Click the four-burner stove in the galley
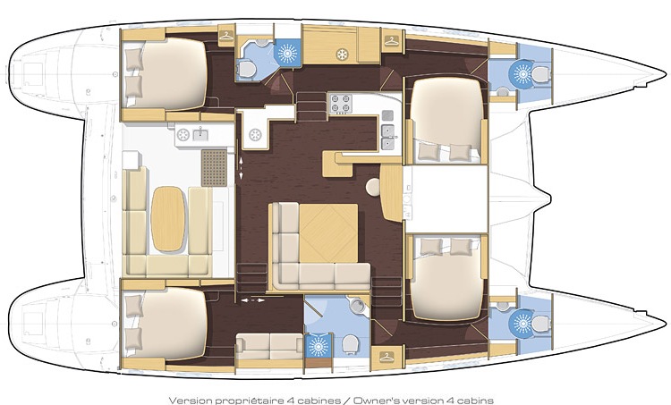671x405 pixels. [339, 104]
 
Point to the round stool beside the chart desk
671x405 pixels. [374, 186]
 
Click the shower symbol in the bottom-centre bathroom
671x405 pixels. [317, 344]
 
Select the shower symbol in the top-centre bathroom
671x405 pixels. [288, 52]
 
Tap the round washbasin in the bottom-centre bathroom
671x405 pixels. [357, 307]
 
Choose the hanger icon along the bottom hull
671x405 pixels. [386, 358]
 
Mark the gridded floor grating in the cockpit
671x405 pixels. [214, 166]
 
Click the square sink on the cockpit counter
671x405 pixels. [199, 135]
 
